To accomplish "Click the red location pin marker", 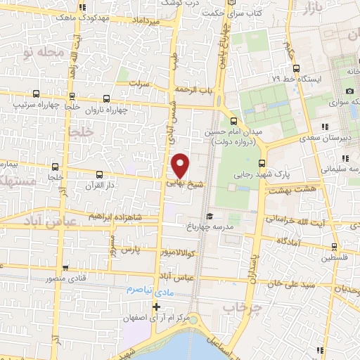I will point(181,165).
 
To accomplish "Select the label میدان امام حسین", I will point(233,132).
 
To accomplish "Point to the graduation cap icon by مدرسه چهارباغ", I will point(209,217).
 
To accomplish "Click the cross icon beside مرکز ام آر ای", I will point(157,306).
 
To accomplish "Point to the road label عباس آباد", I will point(176,278).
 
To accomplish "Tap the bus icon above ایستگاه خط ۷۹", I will point(296,69).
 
